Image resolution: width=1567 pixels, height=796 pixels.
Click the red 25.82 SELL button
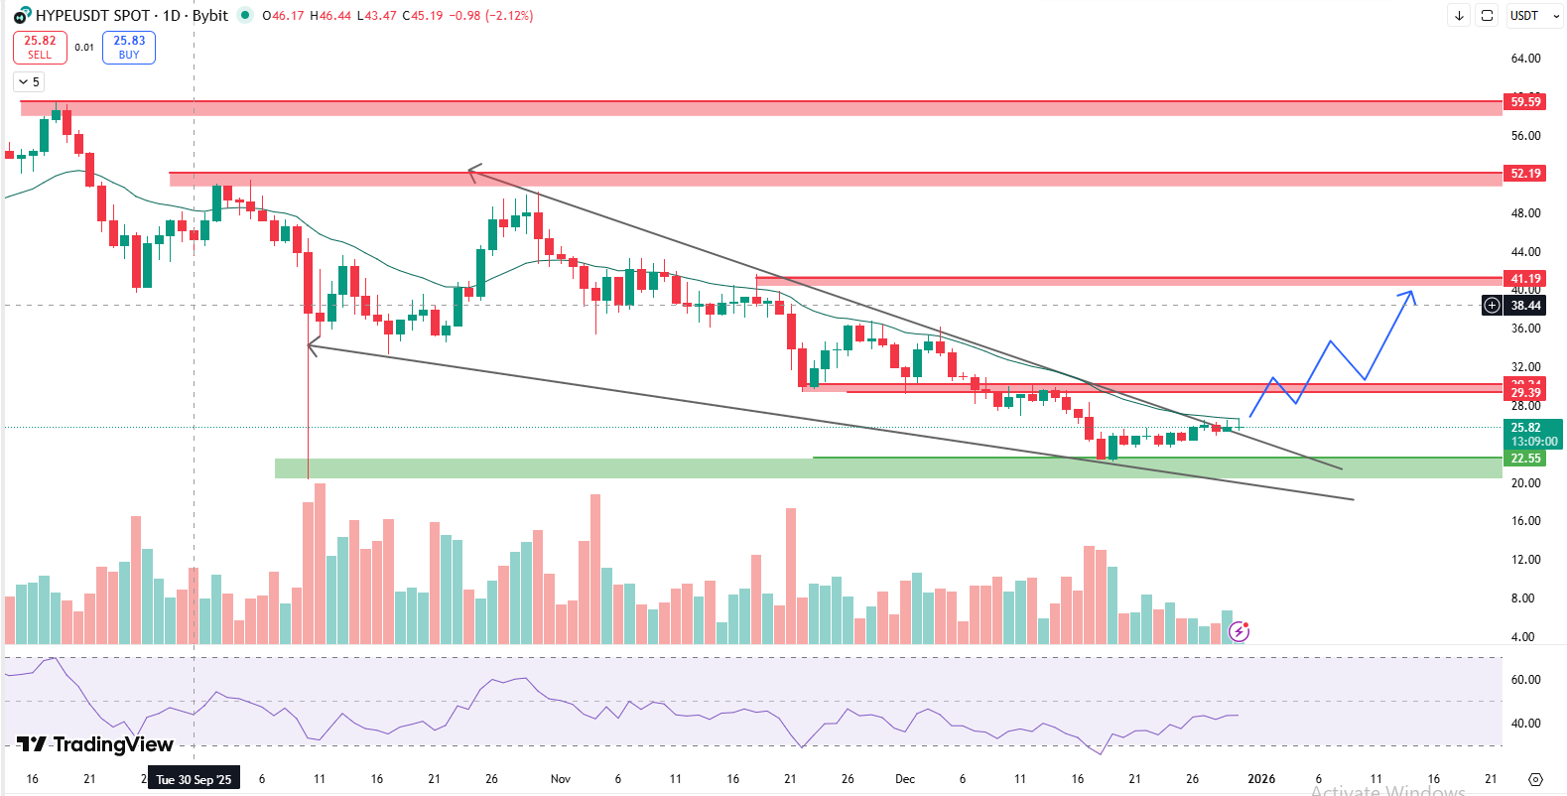pos(40,47)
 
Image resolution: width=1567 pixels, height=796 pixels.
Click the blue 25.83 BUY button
pos(129,47)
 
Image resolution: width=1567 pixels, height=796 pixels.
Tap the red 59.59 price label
pos(1524,101)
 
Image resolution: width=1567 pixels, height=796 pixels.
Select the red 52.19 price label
pos(1524,174)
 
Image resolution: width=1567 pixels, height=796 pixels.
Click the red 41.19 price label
pos(1524,279)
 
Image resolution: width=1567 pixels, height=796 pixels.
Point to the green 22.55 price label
pos(1524,458)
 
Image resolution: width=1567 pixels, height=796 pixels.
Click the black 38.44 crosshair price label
pos(1525,306)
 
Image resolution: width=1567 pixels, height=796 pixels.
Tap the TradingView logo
pos(95,744)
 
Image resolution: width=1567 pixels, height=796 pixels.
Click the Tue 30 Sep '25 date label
pos(194,779)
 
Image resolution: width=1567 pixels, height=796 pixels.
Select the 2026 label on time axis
pos(1261,779)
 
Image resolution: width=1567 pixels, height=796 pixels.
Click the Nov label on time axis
pos(561,779)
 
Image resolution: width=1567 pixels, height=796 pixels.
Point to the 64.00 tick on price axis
pos(1525,59)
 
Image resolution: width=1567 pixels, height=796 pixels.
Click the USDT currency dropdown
pos(1529,16)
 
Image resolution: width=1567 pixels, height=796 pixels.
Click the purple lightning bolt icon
pos(1239,631)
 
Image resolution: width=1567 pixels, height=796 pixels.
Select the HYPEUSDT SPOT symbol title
pos(92,16)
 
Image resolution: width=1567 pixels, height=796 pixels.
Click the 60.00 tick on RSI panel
pos(1525,680)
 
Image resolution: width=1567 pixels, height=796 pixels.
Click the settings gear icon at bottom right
pos(1535,779)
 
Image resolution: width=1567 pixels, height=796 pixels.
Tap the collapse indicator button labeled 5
pos(29,82)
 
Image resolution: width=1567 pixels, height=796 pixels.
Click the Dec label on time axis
pos(904,779)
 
